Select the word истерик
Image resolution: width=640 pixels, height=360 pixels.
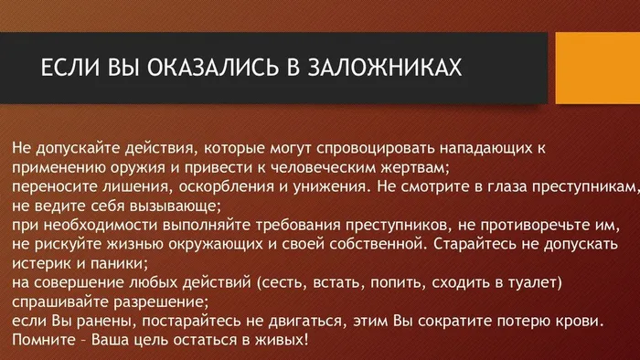point(42,264)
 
